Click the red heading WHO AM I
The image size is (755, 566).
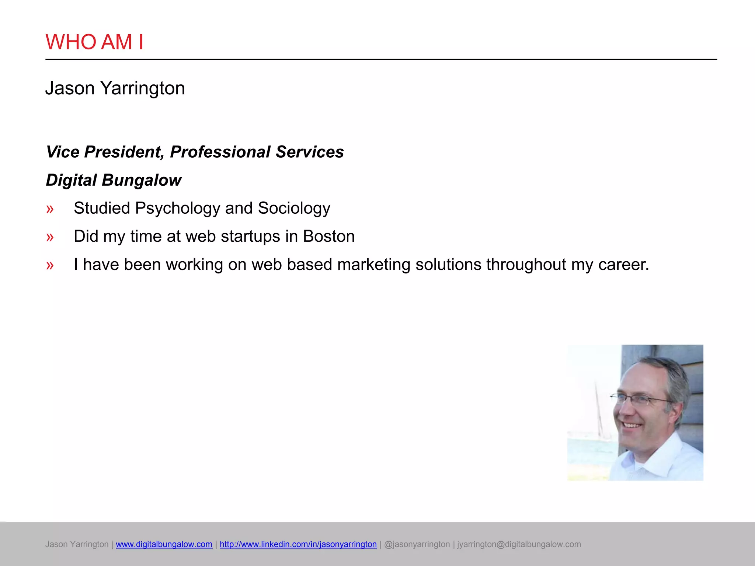pos(94,42)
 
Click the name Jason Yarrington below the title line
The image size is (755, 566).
pos(115,88)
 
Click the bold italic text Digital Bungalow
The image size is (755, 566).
pos(114,180)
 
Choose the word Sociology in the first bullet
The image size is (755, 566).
pos(294,209)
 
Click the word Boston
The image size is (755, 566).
pos(329,236)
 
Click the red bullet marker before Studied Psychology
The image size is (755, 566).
pos(50,209)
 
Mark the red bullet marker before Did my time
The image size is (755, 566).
pos(50,237)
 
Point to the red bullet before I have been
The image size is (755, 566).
pos(50,265)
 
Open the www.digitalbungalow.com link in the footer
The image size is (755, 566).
pos(164,544)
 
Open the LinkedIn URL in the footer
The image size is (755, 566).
pos(298,544)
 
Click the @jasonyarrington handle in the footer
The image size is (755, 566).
pos(417,544)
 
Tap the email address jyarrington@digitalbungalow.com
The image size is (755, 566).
pos(519,544)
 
